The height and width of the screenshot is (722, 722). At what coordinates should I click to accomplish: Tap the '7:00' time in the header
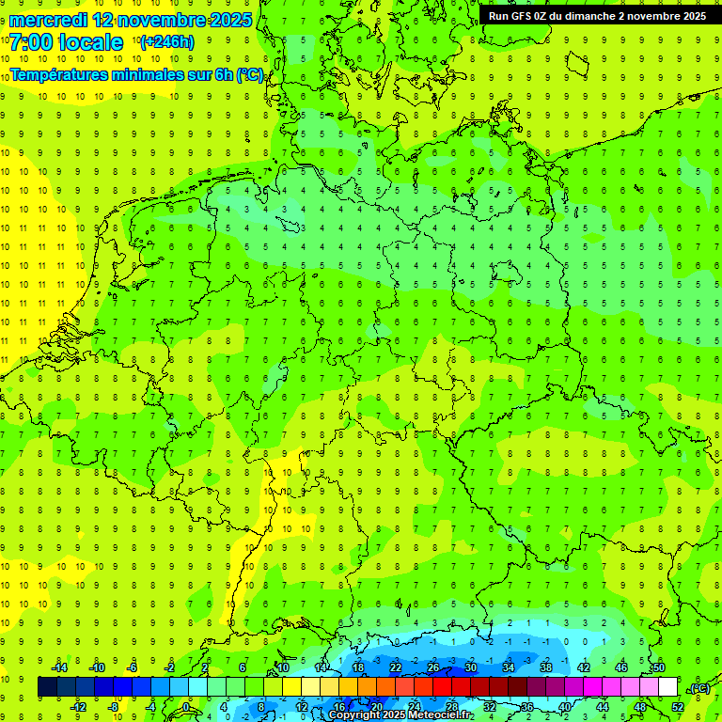pos(29,42)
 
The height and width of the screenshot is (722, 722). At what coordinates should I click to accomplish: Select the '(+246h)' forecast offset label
pos(166,42)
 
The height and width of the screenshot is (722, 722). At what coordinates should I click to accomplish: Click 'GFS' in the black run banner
pos(524,16)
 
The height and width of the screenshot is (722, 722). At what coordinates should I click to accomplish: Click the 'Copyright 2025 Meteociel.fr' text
pos(400,715)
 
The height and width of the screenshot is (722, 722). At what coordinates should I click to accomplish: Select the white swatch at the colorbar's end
pos(667,687)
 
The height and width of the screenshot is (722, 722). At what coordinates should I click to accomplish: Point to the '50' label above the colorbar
pos(658,667)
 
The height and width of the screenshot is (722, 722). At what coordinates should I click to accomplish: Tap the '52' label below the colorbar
pos(678,707)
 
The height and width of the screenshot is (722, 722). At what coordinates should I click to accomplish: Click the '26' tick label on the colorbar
pos(432,667)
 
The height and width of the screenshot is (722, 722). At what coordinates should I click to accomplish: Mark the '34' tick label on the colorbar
pos(508,667)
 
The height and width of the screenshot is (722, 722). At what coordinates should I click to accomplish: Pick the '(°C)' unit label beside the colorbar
pos(698,688)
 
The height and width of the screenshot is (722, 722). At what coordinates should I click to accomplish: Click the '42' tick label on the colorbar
pos(583,667)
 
